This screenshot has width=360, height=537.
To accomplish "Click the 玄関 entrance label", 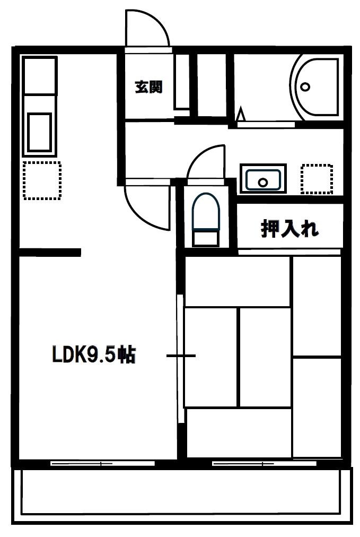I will tap(148, 87).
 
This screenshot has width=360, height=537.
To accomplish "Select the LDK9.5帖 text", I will tap(94, 354).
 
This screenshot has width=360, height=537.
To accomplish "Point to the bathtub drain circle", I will tap(305, 86).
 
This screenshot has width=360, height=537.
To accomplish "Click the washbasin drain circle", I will tap(263, 182).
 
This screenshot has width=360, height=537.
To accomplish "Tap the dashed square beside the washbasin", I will tap(317, 179).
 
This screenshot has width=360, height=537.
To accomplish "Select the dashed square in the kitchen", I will tap(42, 180).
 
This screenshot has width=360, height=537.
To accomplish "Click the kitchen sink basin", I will tap(40, 131).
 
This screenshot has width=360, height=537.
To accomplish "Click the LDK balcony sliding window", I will tap(102, 463).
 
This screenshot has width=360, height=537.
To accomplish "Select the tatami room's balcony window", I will tap(264, 463).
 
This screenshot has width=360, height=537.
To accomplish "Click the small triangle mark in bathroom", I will tap(241, 114).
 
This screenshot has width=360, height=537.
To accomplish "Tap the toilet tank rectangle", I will tap(206, 238).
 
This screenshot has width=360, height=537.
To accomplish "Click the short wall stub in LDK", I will tap(50, 252).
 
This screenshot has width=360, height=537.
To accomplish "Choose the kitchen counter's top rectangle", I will tap(39, 75).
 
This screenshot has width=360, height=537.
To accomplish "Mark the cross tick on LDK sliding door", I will tap(181, 355).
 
